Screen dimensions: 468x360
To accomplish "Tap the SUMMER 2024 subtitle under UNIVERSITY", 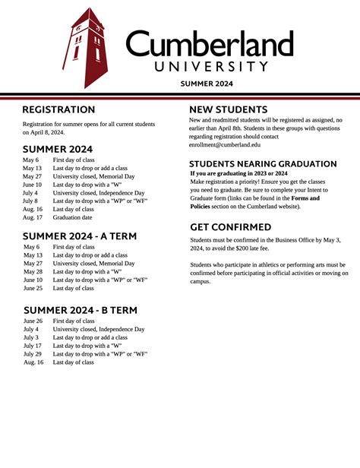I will [x=207, y=83].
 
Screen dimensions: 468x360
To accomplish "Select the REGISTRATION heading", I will [x=58, y=110].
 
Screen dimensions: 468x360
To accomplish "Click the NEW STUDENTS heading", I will [x=228, y=109].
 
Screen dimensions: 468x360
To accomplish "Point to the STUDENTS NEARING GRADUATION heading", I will [x=262, y=164].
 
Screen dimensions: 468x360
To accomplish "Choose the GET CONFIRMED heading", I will [x=230, y=227].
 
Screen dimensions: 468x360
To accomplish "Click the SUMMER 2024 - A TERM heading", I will [x=80, y=236].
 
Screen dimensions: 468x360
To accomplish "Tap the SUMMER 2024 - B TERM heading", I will [x=81, y=310].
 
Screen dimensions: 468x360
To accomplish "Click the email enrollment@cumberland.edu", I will [x=224, y=144].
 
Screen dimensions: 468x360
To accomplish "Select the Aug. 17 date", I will [x=33, y=217].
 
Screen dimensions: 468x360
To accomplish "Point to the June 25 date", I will [x=33, y=288].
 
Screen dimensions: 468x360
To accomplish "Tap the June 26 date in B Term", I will [x=33, y=321].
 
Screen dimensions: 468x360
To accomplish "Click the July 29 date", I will [x=32, y=354].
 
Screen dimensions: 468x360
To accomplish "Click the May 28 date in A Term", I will [x=33, y=271].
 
